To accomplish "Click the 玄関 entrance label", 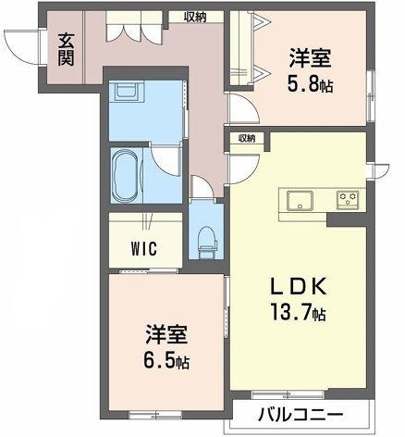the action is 67,50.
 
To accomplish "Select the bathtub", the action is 126,175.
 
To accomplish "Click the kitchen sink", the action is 300,201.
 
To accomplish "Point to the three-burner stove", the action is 348,200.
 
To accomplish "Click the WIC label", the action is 144,248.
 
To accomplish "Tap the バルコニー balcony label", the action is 301,415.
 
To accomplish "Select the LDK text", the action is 299,286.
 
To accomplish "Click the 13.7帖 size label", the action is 298,312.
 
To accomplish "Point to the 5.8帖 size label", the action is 310,84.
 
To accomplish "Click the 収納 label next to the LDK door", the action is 247,139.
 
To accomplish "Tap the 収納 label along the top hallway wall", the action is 195,18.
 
